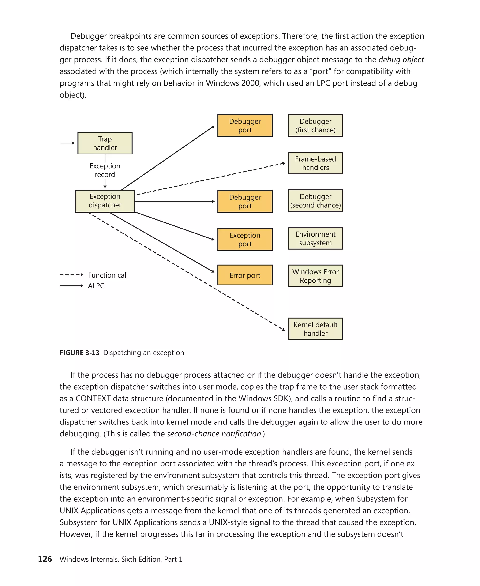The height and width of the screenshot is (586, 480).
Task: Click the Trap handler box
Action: pos(105,143)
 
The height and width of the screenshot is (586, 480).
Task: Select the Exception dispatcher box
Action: pos(105,201)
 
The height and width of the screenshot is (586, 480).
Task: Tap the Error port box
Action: pos(245,275)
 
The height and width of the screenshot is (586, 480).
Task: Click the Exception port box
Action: pos(245,239)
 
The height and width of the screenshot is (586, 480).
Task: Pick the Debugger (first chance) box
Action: pos(315,126)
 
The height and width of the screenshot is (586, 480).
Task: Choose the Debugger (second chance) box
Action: pos(315,201)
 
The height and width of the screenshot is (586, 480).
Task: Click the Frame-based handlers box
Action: pos(315,163)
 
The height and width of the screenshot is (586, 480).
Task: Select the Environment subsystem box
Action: pos(315,238)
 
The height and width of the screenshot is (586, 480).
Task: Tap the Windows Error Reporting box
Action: pos(315,276)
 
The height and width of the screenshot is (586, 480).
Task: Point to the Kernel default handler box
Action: pos(315,329)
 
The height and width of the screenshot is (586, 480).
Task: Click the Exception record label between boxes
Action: pos(105,170)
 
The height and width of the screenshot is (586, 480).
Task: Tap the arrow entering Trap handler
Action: pos(67,143)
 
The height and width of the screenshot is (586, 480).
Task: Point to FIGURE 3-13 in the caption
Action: pos(79,353)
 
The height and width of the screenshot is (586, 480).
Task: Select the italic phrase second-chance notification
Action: pos(214,434)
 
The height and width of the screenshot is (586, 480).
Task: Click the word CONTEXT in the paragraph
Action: pos(92,398)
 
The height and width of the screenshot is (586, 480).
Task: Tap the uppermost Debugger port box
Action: pos(245,126)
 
